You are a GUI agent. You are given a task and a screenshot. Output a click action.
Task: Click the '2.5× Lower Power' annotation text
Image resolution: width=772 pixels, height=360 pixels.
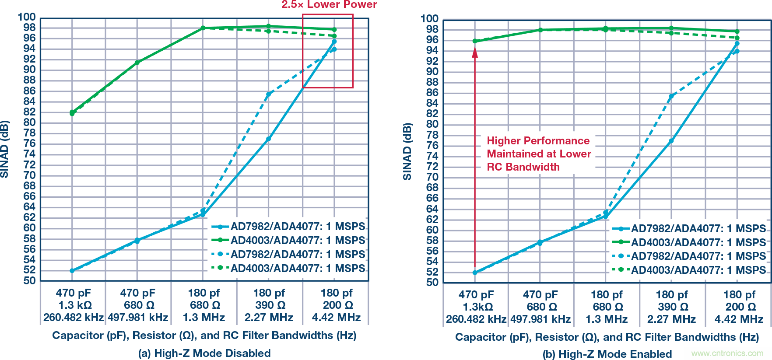coord(329,5)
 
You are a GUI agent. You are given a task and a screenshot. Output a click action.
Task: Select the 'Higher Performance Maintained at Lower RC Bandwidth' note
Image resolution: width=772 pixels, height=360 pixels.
coord(539,154)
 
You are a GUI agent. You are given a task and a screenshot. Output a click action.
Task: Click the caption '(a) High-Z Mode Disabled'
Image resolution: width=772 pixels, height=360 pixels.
coord(204,353)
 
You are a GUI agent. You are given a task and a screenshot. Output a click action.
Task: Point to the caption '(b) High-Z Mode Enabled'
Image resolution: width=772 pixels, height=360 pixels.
coord(607,354)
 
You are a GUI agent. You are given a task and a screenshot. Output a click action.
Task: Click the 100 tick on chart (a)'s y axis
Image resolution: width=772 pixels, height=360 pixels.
coord(27,17)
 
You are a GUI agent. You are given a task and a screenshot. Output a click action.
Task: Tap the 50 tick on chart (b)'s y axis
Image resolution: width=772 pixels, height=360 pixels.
coord(432,283)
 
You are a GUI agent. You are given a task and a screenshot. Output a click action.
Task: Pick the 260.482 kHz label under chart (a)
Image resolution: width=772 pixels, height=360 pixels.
coord(73,318)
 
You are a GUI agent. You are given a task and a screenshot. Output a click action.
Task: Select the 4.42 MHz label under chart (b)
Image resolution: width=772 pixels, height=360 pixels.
coord(739,319)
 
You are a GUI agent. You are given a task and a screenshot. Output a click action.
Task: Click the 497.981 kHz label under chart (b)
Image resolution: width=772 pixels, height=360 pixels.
coord(540,319)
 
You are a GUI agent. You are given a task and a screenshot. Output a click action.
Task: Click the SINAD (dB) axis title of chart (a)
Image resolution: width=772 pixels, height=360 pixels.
coord(5,149)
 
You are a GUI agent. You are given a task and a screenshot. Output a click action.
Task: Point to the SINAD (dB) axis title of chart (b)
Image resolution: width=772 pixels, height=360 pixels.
coord(407,151)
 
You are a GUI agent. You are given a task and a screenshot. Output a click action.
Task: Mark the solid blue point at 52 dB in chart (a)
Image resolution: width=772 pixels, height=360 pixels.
coord(72,271)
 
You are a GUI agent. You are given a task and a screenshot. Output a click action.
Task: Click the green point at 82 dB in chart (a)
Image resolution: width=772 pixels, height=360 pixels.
coord(72,112)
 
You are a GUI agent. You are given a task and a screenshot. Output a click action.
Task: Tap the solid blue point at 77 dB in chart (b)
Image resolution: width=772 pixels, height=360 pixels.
coord(671,141)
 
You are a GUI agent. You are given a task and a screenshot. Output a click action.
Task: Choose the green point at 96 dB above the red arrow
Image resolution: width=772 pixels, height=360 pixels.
coord(475,41)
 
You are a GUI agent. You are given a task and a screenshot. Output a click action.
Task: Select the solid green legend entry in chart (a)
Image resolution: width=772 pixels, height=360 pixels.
coord(288,240)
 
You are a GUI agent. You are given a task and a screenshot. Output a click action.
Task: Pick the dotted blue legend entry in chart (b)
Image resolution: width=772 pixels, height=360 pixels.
coord(689,256)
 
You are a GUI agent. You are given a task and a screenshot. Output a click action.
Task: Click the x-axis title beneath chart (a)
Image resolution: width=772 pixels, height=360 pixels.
coord(204,336)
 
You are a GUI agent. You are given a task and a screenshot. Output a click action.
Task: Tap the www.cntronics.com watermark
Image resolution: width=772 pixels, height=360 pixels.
coord(727,353)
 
